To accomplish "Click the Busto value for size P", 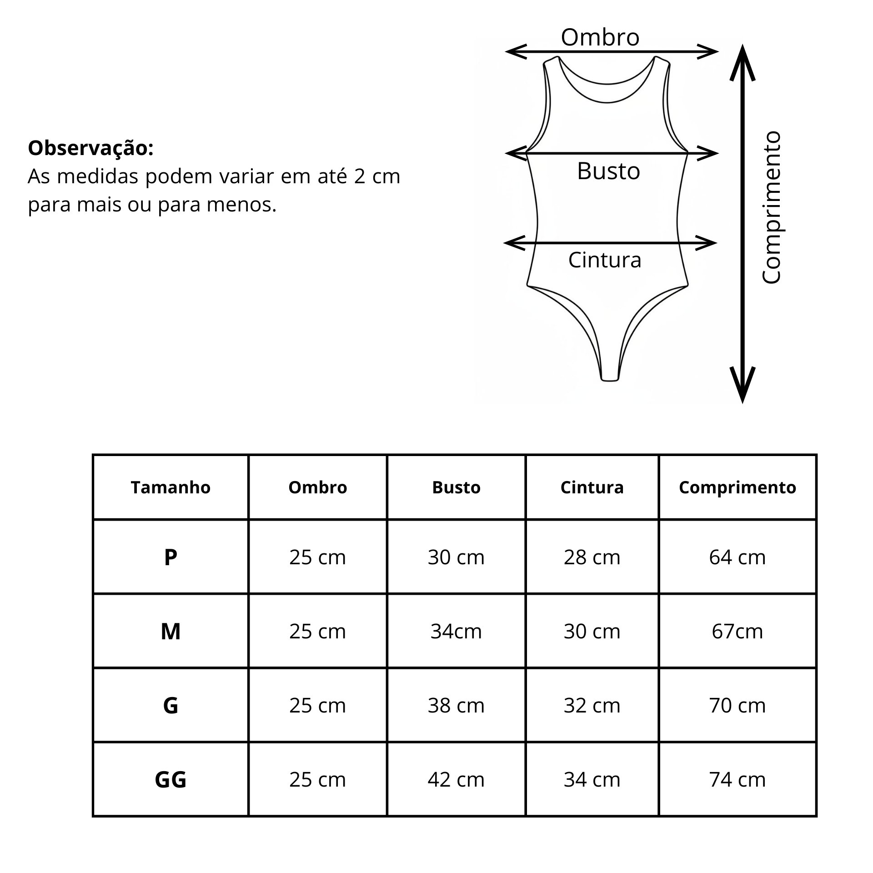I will (456, 557).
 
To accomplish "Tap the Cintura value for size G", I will (592, 705).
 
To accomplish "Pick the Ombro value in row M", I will (317, 631).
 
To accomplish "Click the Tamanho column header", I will (171, 487).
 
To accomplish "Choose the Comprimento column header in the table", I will (737, 487).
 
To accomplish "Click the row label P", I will (171, 557).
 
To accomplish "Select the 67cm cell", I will (737, 631).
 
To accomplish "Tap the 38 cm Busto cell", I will (456, 705).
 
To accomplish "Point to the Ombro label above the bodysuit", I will (600, 37).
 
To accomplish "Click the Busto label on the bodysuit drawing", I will (608, 171).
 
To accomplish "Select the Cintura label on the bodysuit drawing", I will (604, 260).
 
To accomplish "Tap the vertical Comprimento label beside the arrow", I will (771, 208).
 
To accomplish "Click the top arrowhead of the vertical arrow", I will (743, 59).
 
